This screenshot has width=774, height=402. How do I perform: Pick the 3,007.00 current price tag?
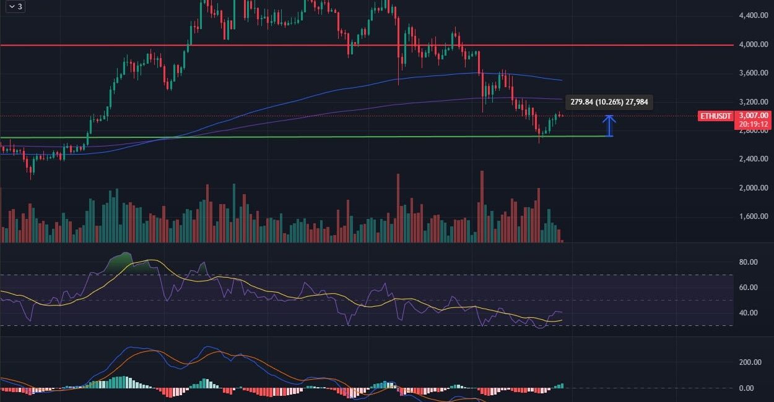[754, 115]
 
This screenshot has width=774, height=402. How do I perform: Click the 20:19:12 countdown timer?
[754, 124]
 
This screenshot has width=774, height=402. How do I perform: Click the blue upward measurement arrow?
[610, 126]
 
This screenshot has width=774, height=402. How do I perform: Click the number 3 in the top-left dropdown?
[20, 6]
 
